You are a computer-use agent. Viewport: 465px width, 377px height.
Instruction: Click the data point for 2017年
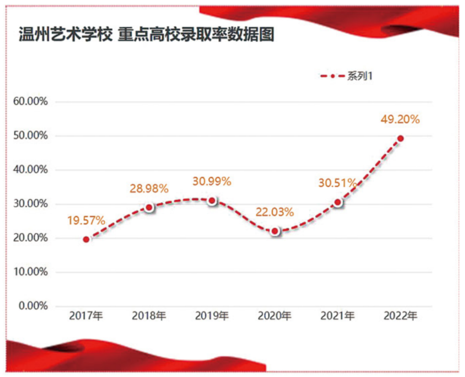pyautogui.click(x=86, y=239)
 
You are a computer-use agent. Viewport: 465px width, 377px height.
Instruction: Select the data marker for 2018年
pyautogui.click(x=149, y=207)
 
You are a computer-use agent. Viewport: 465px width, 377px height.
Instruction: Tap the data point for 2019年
pyautogui.click(x=212, y=201)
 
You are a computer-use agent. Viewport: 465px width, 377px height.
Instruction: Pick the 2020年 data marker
pyautogui.click(x=275, y=231)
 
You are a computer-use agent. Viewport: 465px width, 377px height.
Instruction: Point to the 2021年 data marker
pyautogui.click(x=338, y=202)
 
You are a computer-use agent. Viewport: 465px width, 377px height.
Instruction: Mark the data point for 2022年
pyautogui.click(x=400, y=139)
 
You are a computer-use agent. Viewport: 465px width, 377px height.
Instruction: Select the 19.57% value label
pyautogui.click(x=86, y=221)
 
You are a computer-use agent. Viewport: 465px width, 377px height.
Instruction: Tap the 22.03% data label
pyautogui.click(x=275, y=212)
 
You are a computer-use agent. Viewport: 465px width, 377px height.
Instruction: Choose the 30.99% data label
pyautogui.click(x=212, y=182)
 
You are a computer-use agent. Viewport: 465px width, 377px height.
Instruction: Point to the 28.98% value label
pyautogui.click(x=149, y=188)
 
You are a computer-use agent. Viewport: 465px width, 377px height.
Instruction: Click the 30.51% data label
pyautogui.click(x=338, y=183)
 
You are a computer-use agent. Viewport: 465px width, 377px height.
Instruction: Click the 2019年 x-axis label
pyautogui.click(x=212, y=316)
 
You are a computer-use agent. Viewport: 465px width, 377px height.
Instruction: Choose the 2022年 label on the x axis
pyautogui.click(x=400, y=316)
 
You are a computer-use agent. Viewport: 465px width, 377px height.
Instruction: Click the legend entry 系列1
pyautogui.click(x=347, y=76)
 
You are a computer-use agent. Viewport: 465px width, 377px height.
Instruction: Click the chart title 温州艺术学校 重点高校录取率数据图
pyautogui.click(x=147, y=35)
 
